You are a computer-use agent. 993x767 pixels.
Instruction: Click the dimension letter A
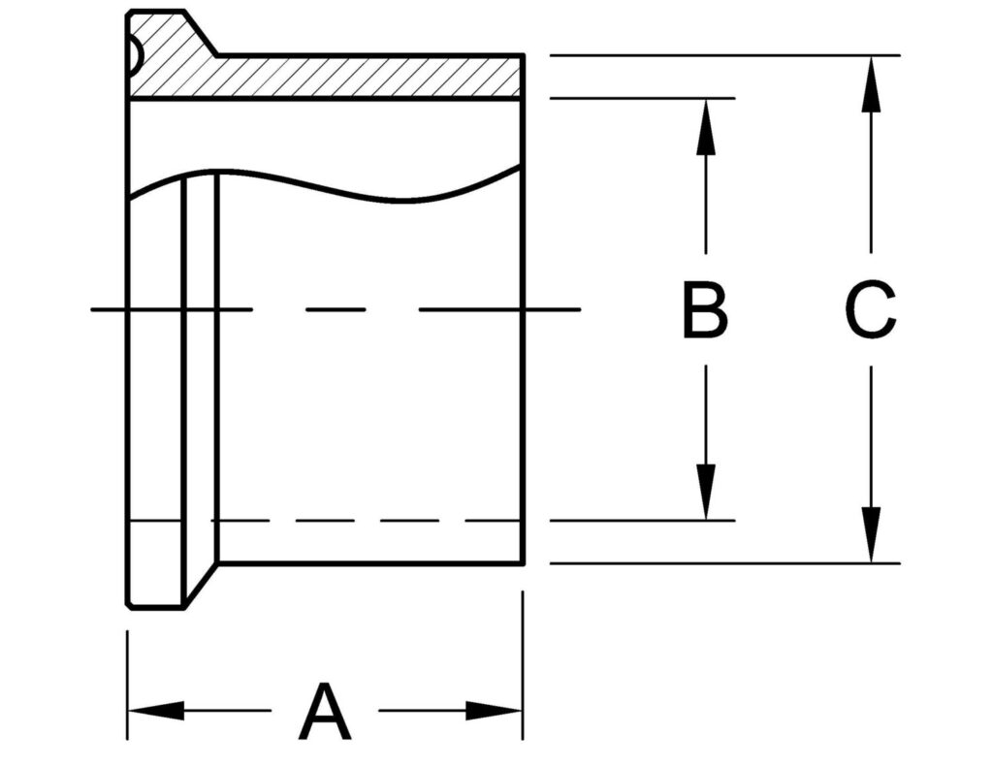325,712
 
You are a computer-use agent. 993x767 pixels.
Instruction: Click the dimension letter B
705,310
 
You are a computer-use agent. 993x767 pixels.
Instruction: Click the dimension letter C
870,310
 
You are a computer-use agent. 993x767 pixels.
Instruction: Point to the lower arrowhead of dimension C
871,535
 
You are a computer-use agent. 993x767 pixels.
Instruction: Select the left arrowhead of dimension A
155,711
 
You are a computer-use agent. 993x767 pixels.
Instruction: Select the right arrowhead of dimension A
495,711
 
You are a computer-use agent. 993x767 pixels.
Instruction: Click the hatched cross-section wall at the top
368,77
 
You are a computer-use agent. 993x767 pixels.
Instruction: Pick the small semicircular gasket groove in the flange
134,58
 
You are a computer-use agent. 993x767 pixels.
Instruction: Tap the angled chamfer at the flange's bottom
200,586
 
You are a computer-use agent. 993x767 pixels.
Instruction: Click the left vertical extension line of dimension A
128,679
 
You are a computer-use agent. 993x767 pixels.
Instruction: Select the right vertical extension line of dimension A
523,669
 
